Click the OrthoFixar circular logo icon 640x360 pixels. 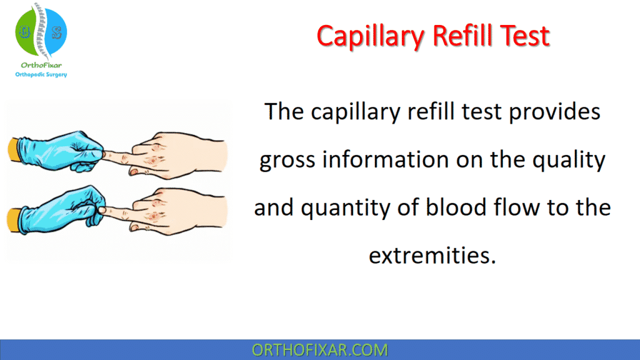tap(41, 31)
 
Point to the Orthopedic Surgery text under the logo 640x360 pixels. tap(41, 74)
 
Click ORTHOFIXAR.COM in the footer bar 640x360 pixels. tap(319, 350)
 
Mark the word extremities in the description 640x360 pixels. tap(431, 256)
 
